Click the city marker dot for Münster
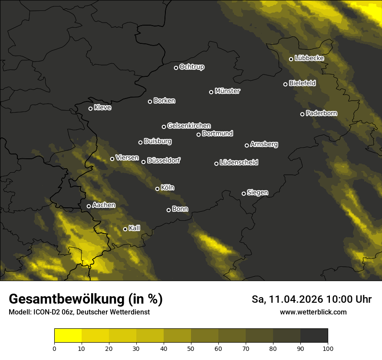pyautogui.click(x=211, y=92)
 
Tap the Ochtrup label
pyautogui.click(x=191, y=67)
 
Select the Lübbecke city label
pyautogui.click(x=309, y=58)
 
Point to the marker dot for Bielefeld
pyautogui.click(x=286, y=84)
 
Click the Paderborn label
pyautogui.click(x=321, y=113)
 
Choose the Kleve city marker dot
pyautogui.click(x=91, y=108)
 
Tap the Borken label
pyautogui.click(x=164, y=101)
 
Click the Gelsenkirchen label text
pyautogui.click(x=189, y=126)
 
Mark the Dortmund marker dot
pyautogui.click(x=199, y=134)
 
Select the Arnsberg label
pyautogui.click(x=264, y=144)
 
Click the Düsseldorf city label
pyautogui.click(x=164, y=160)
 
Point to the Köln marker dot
pyautogui.click(x=158, y=189)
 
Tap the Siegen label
pyautogui.click(x=257, y=192)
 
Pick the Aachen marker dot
pyautogui.click(x=89, y=206)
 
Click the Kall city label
pyautogui.click(x=135, y=228)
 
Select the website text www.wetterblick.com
pyautogui.click(x=313, y=312)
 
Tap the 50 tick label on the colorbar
pyautogui.click(x=191, y=348)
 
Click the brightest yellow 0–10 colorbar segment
pyautogui.click(x=68, y=336)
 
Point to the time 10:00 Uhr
pyautogui.click(x=349, y=299)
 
